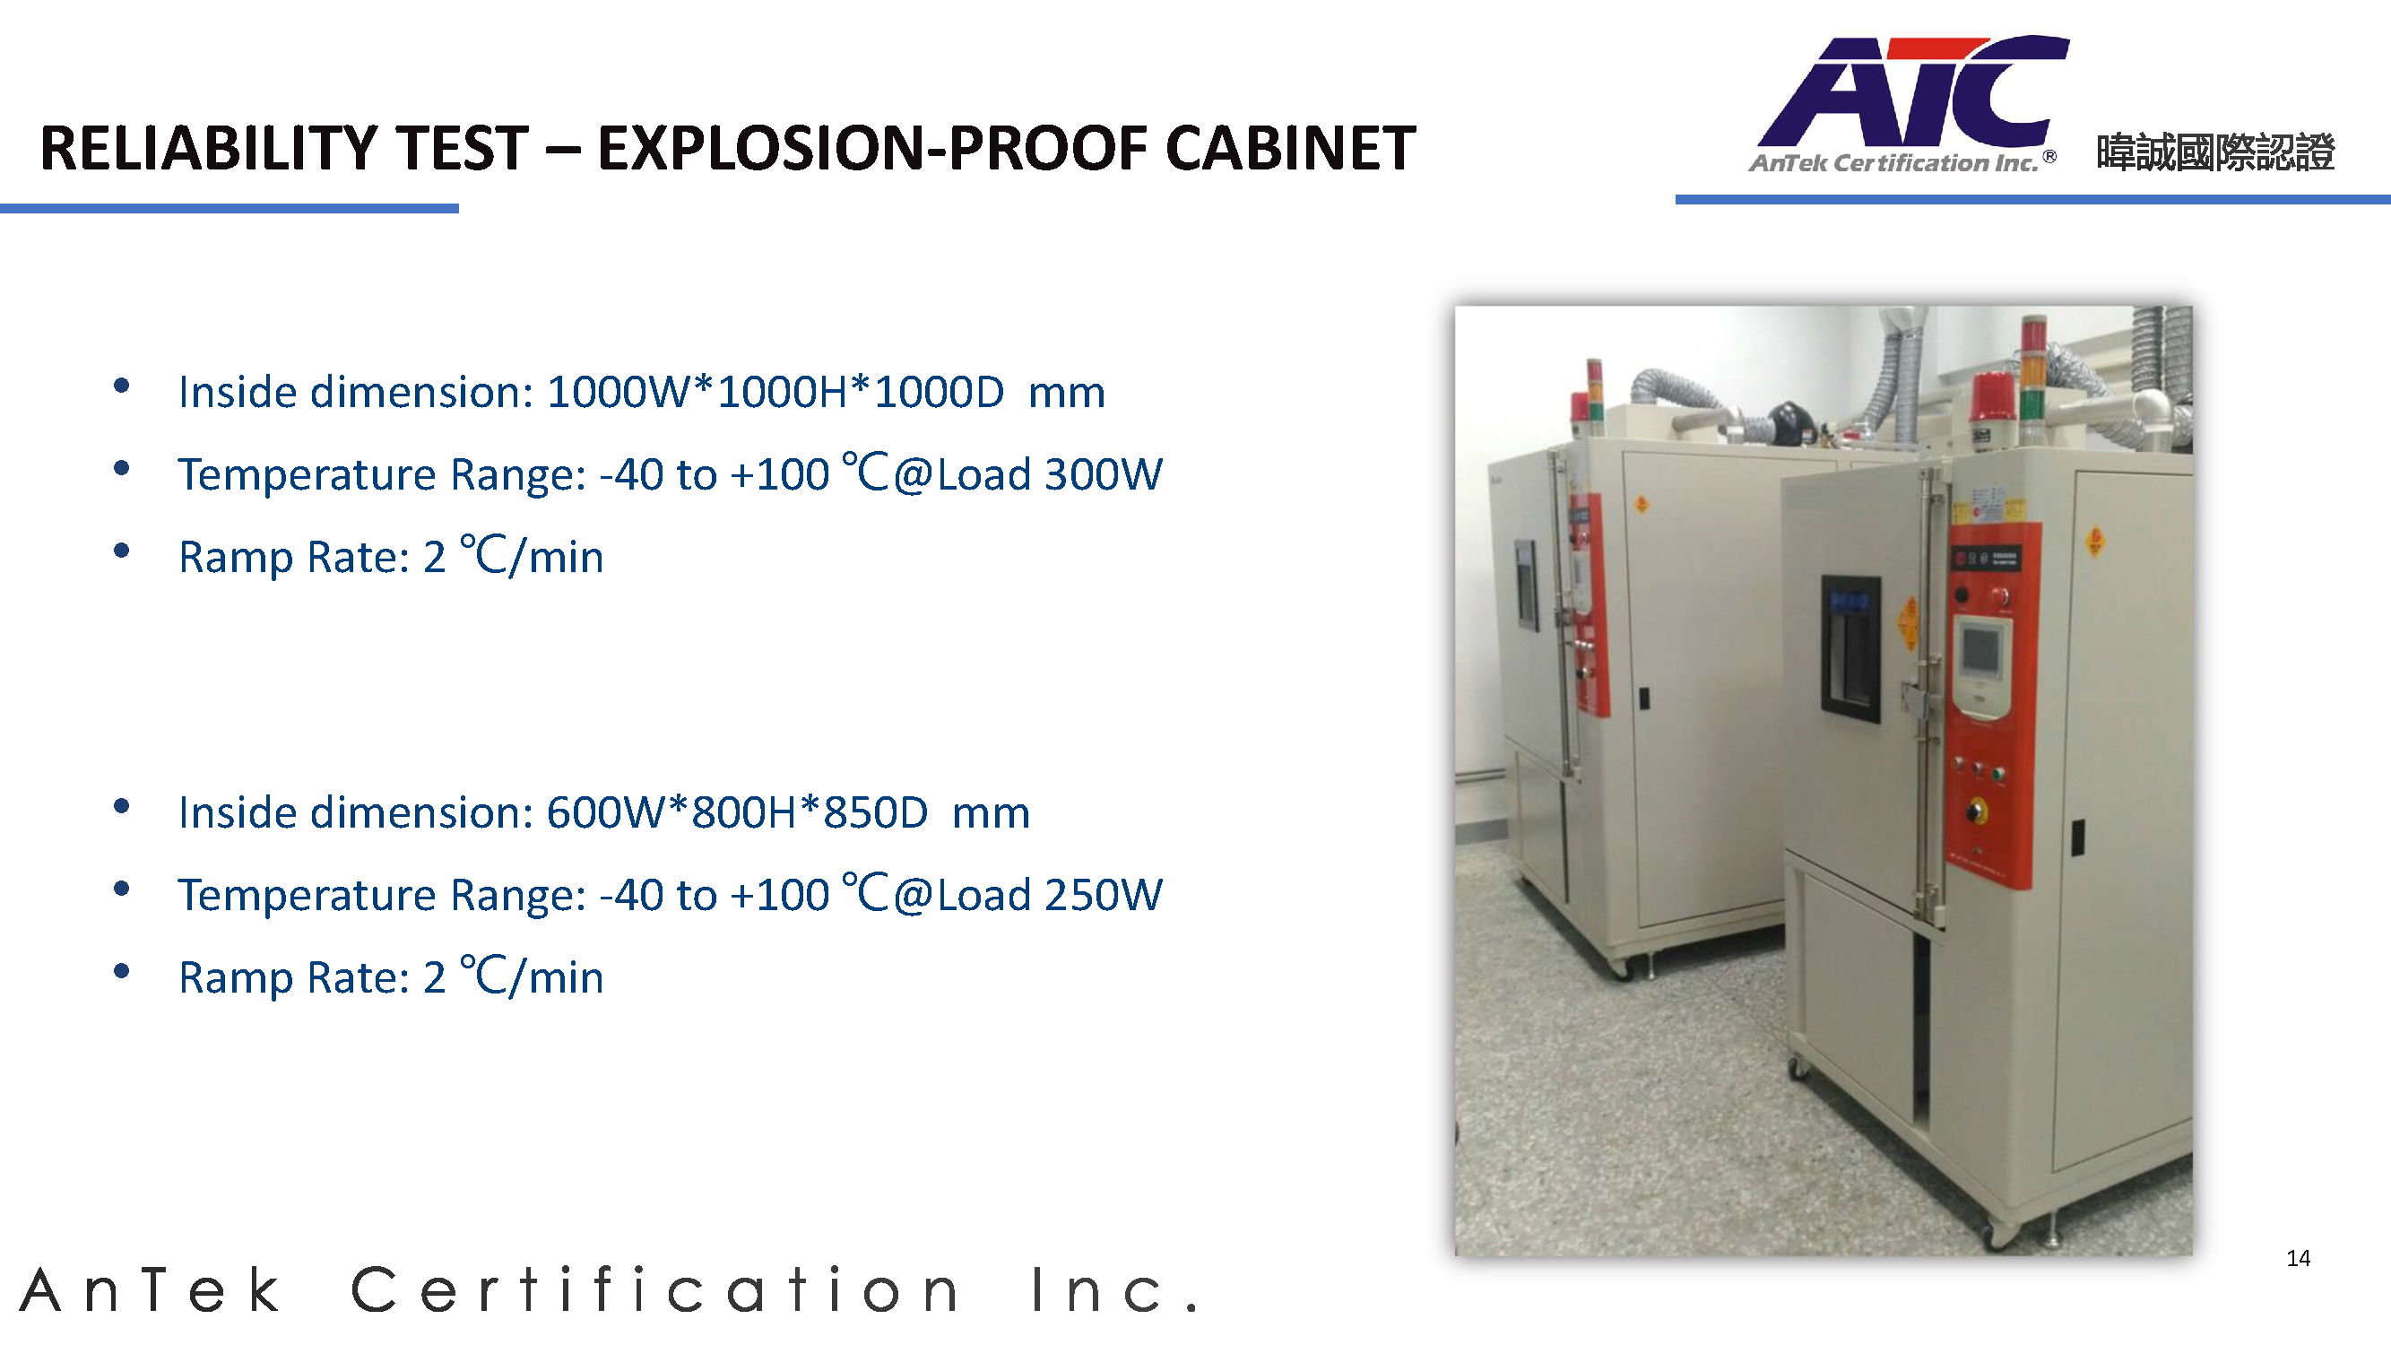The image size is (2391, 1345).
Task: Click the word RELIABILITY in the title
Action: pos(284,149)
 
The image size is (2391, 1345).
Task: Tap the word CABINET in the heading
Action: pos(1290,149)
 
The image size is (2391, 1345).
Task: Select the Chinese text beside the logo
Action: pos(2214,152)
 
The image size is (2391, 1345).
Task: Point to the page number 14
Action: pos(2298,1258)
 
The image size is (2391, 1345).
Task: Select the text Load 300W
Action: pos(1049,474)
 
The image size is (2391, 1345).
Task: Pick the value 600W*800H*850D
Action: pos(737,812)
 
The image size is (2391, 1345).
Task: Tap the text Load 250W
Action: pos(1049,895)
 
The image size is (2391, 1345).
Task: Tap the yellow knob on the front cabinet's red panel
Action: pos(1976,811)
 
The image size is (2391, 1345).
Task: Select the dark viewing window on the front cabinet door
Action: pos(1850,648)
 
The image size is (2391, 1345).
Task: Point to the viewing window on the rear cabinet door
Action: pos(1526,585)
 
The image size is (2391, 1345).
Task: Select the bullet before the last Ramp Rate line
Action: pos(121,971)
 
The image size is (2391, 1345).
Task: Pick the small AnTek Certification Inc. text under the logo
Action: pos(1893,163)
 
